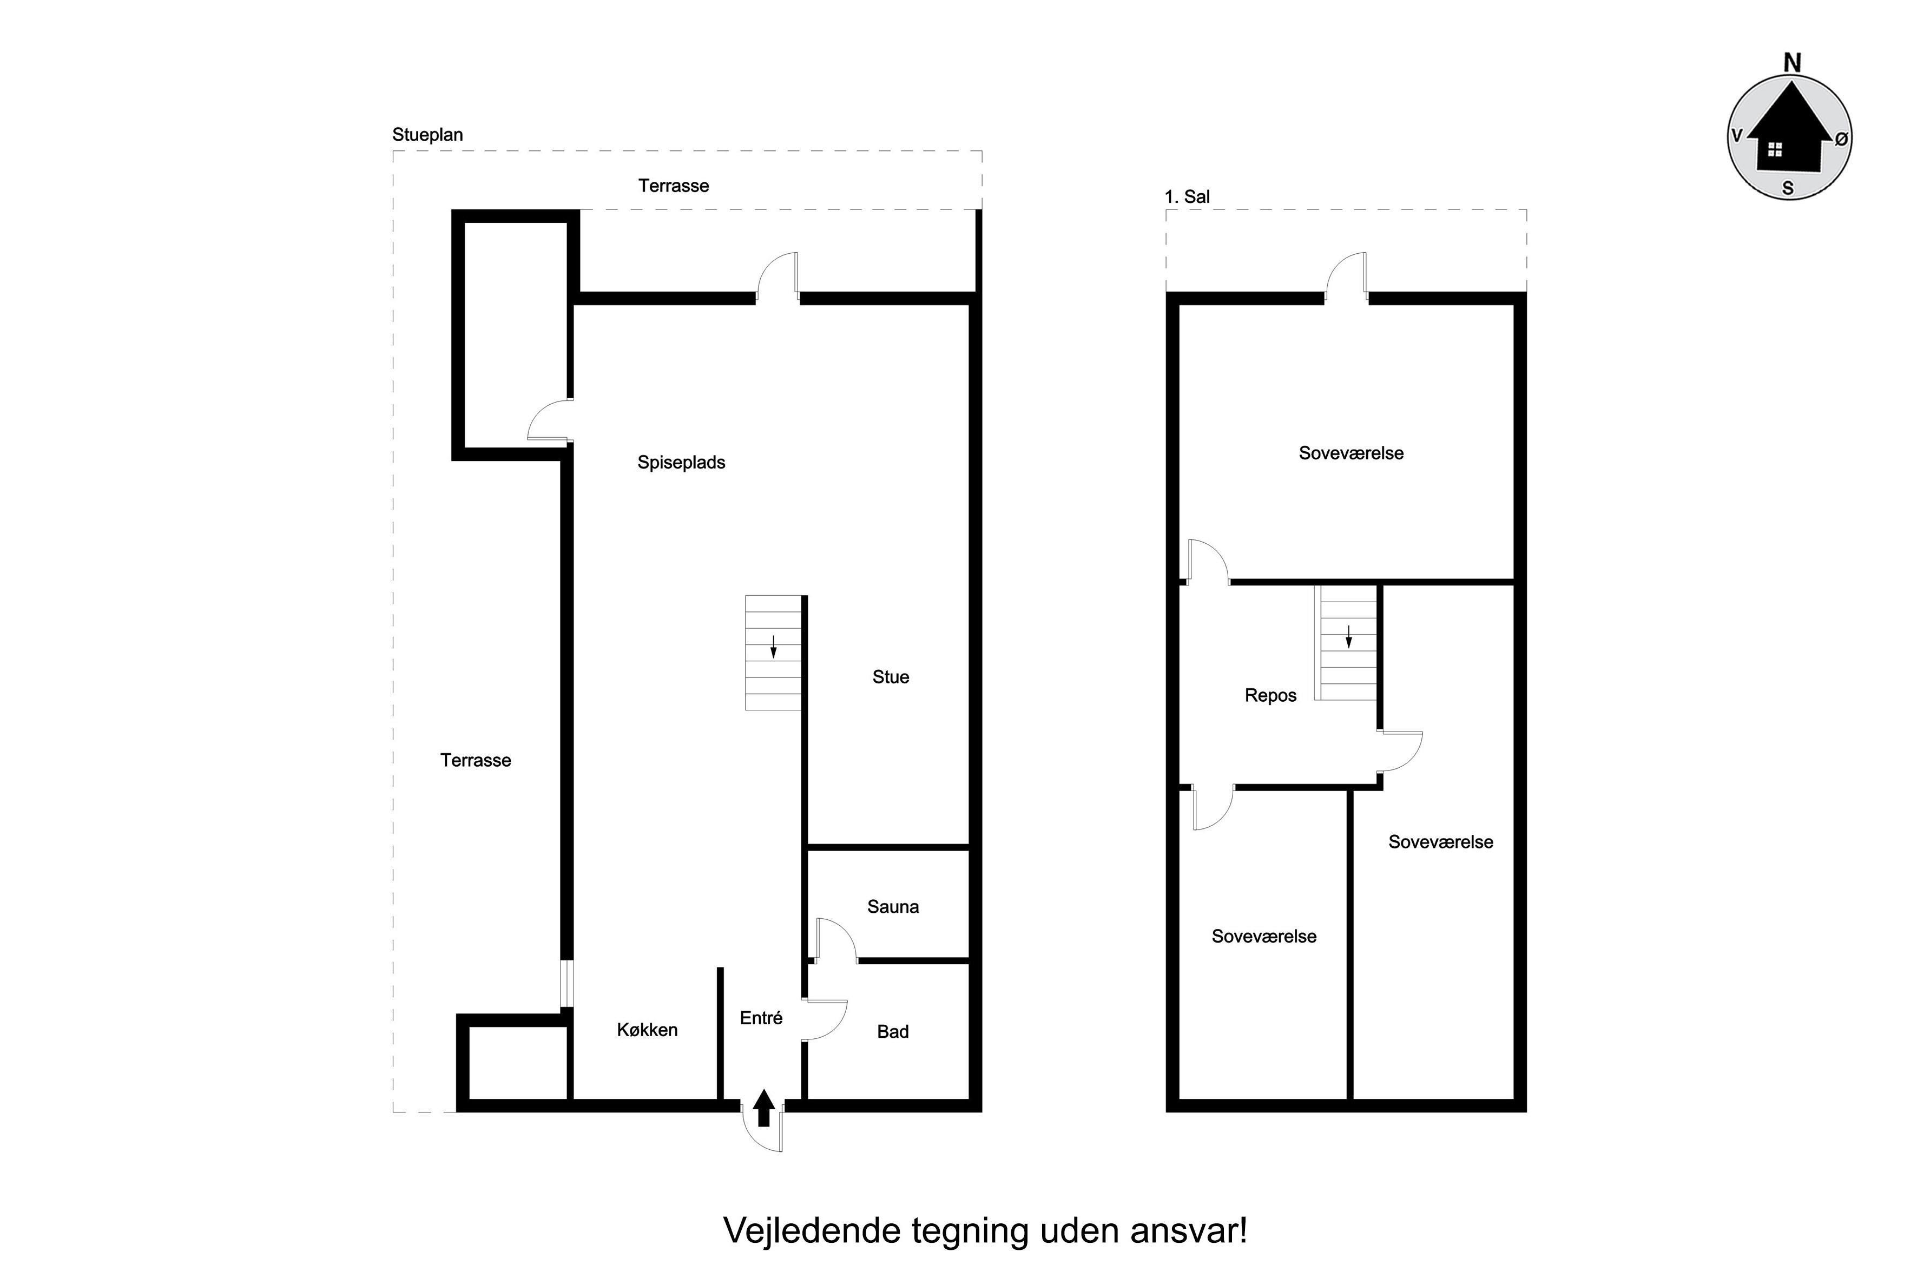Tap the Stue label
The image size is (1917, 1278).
pyautogui.click(x=890, y=676)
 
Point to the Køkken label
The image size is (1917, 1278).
pyautogui.click(x=647, y=1030)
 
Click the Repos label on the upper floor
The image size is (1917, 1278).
pyautogui.click(x=1270, y=696)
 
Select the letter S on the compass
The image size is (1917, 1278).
pyautogui.click(x=1788, y=188)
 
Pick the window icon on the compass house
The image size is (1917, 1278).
pyautogui.click(x=1774, y=149)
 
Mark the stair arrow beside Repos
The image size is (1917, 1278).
pyautogui.click(x=1349, y=636)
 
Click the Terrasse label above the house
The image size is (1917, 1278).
pyautogui.click(x=673, y=186)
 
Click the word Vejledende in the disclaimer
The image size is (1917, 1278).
pyautogui.click(x=814, y=1231)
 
